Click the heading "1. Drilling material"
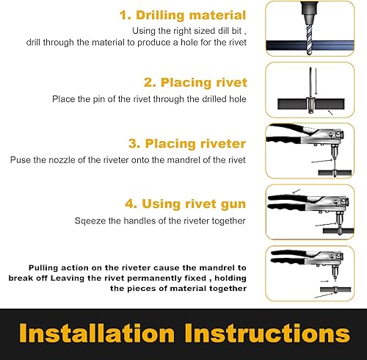183,15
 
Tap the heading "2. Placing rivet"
195,82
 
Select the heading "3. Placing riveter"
187,143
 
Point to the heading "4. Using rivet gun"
185,204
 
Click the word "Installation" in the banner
97,333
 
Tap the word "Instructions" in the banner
267,333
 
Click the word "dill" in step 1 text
223,31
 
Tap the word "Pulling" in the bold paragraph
43,268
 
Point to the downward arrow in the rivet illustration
316,82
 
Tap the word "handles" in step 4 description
139,221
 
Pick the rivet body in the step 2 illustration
310,105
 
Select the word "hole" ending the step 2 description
238,99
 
